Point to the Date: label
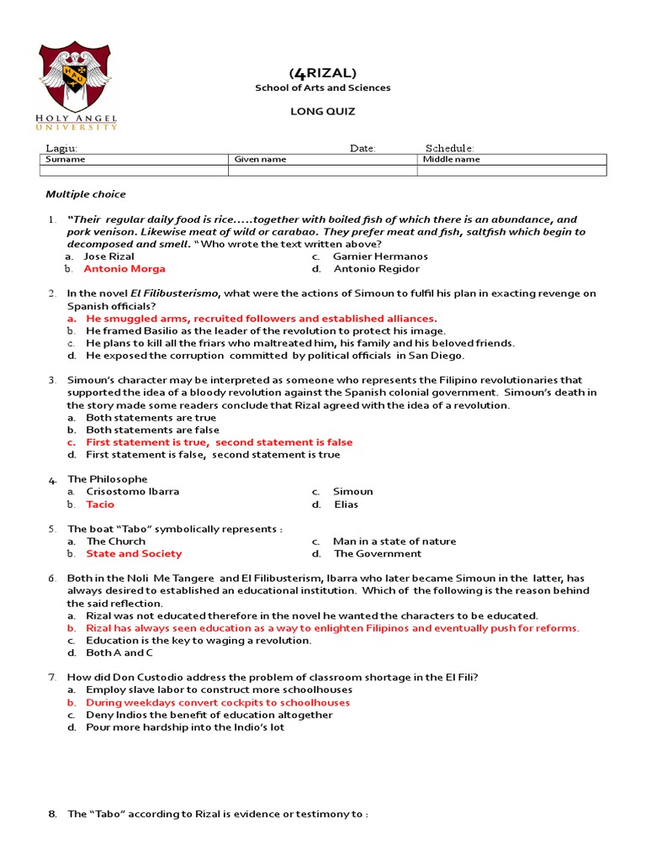click(363, 148)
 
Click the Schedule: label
click(449, 148)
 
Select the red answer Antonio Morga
click(124, 269)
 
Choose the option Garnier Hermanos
click(380, 256)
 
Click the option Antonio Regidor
click(377, 269)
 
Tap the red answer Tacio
click(100, 504)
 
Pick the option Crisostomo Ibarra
click(133, 492)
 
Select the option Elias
click(346, 504)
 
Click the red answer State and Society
click(134, 554)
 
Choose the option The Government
click(378, 554)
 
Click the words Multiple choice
click(86, 194)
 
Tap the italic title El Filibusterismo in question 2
click(174, 293)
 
